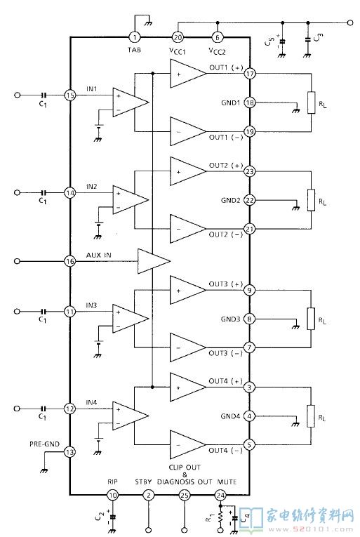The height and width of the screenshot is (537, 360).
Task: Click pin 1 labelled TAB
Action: coord(134,37)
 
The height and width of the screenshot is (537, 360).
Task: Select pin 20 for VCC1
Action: coord(178,37)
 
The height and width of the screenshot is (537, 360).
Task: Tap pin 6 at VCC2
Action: coord(217,37)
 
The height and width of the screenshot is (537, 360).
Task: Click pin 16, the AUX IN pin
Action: coord(70,261)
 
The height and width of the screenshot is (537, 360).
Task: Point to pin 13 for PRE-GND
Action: coord(70,452)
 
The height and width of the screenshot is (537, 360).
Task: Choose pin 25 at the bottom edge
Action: coord(185,495)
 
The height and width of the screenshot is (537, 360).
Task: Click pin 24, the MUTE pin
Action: coord(220,495)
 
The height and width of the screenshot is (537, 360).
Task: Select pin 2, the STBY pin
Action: coord(148,495)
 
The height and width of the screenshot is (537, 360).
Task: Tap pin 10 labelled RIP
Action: coord(112,495)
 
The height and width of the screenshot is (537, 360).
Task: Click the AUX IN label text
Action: coord(99,255)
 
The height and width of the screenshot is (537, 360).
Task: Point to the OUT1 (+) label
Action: coord(226,67)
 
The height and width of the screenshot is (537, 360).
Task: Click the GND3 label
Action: coord(230,319)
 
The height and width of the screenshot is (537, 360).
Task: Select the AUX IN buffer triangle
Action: coord(154,261)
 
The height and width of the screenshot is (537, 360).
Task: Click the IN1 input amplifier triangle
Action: coord(131,102)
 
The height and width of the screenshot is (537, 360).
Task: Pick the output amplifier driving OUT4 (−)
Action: coord(188,445)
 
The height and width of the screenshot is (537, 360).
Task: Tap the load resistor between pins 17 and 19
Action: coord(311,102)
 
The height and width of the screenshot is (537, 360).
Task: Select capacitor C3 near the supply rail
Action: coord(307,39)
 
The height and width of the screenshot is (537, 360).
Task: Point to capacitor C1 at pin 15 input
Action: coord(44,95)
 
